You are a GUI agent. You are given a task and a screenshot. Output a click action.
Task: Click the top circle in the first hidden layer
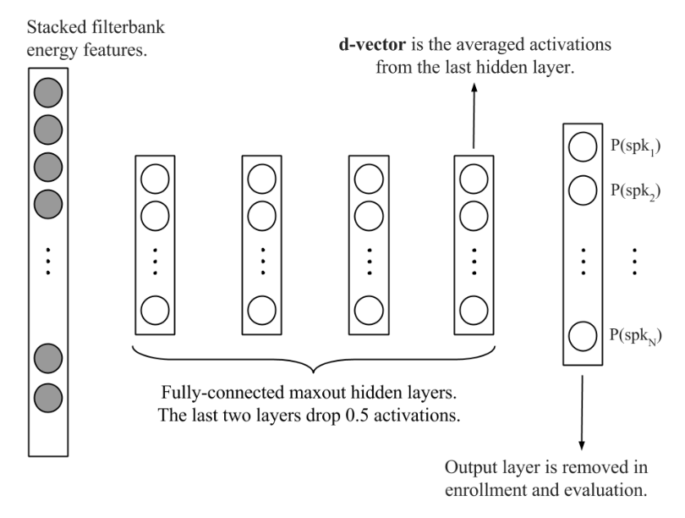tap(154, 179)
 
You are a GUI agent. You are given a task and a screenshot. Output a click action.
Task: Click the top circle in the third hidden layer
tap(369, 179)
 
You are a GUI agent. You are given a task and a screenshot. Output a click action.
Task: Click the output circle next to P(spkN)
tap(582, 336)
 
